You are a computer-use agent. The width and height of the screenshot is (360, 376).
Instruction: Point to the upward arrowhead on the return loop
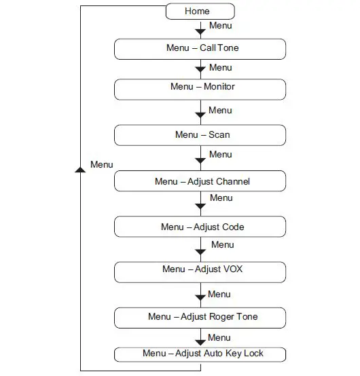[80, 169]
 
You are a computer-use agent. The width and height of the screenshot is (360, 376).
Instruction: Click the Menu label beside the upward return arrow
[101, 165]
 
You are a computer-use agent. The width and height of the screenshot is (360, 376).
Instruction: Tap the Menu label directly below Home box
[220, 26]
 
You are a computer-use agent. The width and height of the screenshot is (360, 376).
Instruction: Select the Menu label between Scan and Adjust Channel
[220, 154]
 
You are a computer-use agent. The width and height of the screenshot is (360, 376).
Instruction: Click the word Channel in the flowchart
[233, 181]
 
